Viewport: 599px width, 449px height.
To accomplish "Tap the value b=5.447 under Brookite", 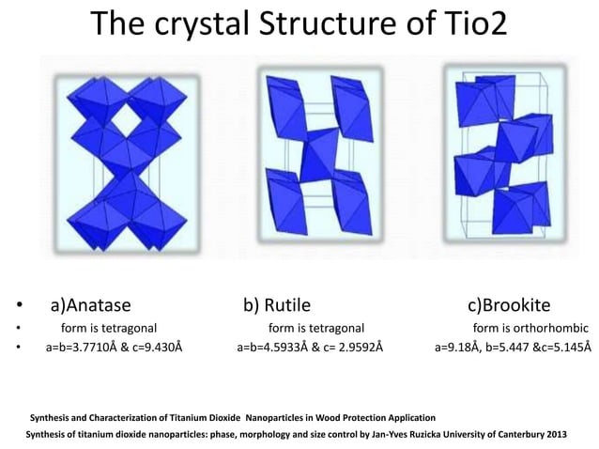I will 509,347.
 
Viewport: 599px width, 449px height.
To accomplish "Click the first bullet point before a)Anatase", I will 18,306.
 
